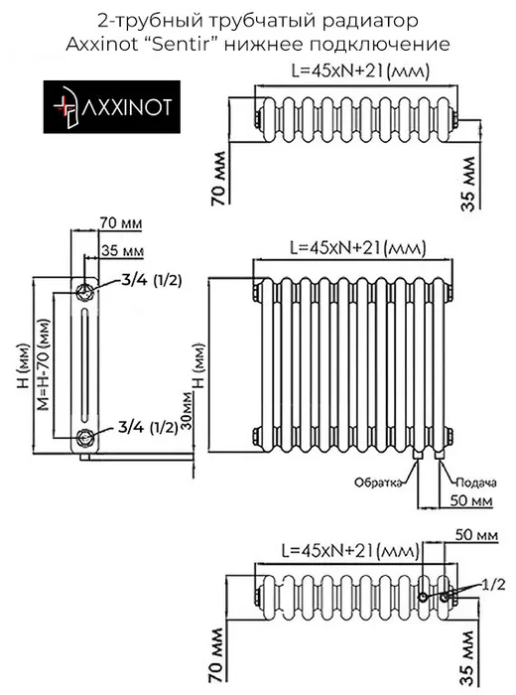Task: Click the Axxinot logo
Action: click(111, 107)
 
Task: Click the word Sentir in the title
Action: click(182, 45)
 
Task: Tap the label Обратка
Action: click(378, 483)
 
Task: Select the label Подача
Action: click(476, 483)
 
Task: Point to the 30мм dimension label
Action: click(188, 411)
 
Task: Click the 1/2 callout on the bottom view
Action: click(494, 585)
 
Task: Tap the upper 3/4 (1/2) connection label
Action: click(151, 280)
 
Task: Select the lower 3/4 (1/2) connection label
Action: click(148, 427)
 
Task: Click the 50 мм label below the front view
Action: click(471, 500)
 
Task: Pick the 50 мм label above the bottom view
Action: click(476, 535)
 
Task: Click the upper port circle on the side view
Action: click(84, 291)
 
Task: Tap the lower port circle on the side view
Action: click(84, 438)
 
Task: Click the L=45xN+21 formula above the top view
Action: click(359, 70)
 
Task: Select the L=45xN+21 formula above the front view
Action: click(358, 248)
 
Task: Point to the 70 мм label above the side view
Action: click(121, 223)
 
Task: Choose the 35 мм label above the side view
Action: click(122, 251)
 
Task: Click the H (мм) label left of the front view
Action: click(199, 365)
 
